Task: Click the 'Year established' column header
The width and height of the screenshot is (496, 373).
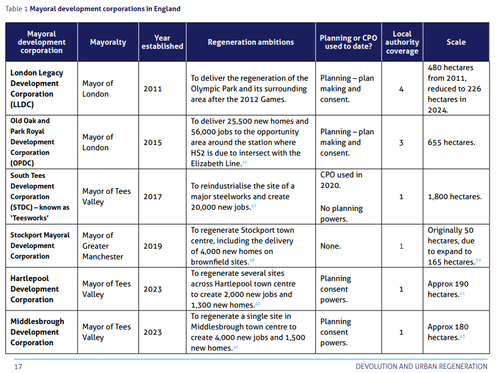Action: click(x=162, y=42)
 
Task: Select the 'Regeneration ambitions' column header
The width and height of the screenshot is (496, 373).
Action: click(x=250, y=42)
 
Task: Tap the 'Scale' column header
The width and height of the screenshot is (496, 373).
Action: click(x=456, y=42)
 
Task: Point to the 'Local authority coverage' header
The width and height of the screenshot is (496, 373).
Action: click(x=402, y=42)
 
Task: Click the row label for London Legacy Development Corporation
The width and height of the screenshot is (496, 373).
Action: click(x=37, y=88)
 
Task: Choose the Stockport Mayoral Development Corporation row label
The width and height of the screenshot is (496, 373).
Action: click(x=40, y=246)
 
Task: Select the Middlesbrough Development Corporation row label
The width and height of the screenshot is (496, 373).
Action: click(x=37, y=332)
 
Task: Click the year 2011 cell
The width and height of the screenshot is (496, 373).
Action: click(x=153, y=89)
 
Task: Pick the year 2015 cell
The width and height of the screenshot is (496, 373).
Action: click(x=153, y=143)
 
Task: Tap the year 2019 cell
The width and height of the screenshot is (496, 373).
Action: click(x=153, y=246)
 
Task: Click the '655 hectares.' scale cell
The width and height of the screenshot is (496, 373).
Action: click(x=451, y=143)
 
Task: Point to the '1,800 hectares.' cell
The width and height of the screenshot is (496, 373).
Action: click(x=455, y=197)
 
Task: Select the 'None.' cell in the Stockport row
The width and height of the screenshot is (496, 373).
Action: click(x=330, y=246)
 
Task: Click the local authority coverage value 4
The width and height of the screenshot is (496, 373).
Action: click(x=401, y=89)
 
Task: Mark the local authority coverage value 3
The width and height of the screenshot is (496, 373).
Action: click(x=401, y=143)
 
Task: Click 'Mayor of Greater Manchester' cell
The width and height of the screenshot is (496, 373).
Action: click(x=103, y=246)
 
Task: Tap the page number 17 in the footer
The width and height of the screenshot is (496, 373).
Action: click(x=18, y=367)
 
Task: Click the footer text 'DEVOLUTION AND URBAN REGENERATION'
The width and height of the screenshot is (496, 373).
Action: click(x=421, y=367)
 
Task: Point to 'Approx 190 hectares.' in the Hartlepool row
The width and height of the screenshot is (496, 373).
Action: click(x=448, y=289)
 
